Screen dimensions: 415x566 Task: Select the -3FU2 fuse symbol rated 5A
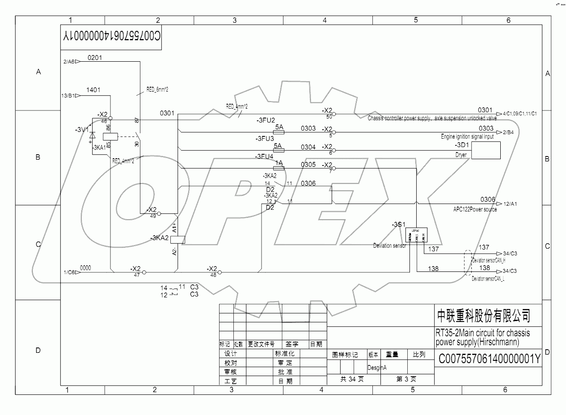[279, 132]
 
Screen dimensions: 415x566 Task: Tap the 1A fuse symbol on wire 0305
[279, 168]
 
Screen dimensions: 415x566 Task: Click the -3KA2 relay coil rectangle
[178, 239]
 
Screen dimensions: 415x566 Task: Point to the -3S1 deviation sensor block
[416, 235]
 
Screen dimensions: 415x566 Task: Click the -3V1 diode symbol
[92, 135]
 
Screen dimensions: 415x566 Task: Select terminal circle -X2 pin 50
[334, 114]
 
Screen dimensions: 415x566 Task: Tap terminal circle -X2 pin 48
[219, 272]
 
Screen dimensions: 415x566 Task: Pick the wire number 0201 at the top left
[95, 58]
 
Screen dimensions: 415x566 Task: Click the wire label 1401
[93, 90]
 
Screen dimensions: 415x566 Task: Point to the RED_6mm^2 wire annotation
[157, 89]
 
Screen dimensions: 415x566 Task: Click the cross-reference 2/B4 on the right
[508, 132]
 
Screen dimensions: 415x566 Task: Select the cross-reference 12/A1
[510, 204]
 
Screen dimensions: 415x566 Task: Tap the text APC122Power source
[475, 209]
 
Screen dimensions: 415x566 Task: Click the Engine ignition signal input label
[467, 137]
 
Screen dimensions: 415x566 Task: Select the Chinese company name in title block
[483, 316]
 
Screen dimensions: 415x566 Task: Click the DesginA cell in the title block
[377, 368]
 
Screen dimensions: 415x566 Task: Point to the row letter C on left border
[38, 244]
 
